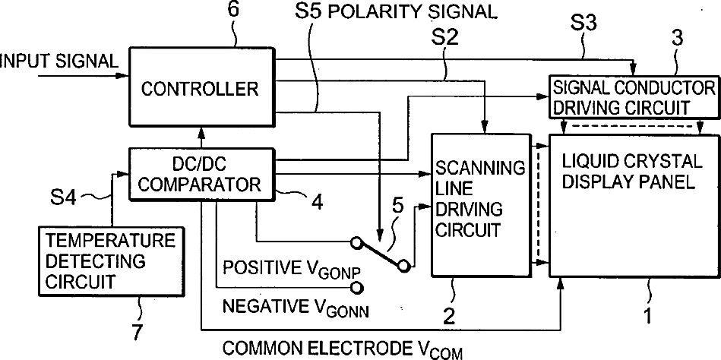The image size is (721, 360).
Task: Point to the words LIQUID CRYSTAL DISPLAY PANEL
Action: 628,172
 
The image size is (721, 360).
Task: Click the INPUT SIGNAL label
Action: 59,60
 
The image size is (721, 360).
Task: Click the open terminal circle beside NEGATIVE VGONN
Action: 353,287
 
